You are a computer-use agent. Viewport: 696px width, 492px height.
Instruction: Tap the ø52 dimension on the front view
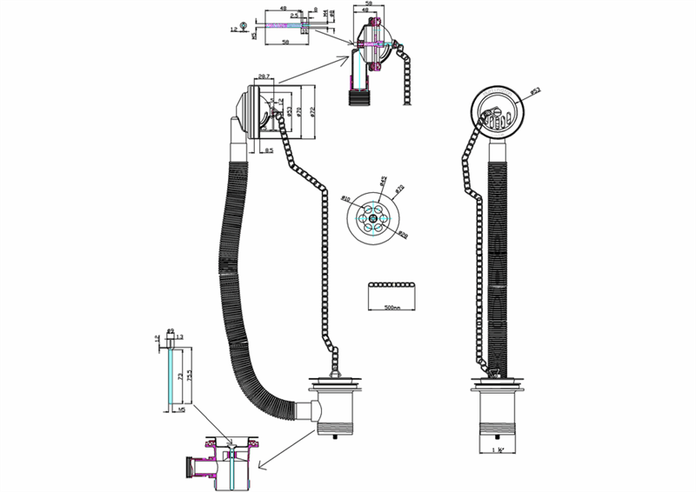pos(535,90)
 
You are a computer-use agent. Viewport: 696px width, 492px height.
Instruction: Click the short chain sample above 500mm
pos(391,286)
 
